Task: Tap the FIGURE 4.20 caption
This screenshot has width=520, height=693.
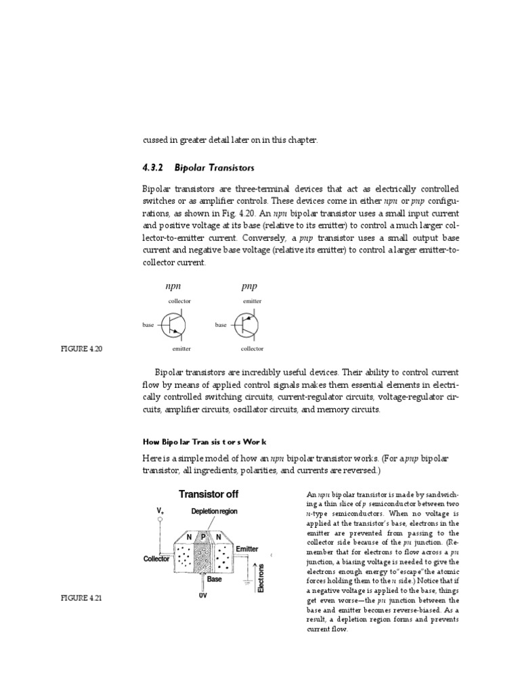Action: point(79,349)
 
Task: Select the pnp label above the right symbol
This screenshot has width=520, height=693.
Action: point(249,286)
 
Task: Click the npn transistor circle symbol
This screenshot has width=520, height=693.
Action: point(173,325)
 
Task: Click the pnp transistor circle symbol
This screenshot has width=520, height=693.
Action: point(246,325)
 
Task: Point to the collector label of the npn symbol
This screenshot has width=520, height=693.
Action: point(179,300)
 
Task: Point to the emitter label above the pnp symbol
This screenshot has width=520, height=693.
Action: point(252,300)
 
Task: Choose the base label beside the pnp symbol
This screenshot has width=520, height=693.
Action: point(221,326)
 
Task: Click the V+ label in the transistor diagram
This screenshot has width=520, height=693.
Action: point(160,510)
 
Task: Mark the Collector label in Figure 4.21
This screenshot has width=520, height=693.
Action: point(156,559)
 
